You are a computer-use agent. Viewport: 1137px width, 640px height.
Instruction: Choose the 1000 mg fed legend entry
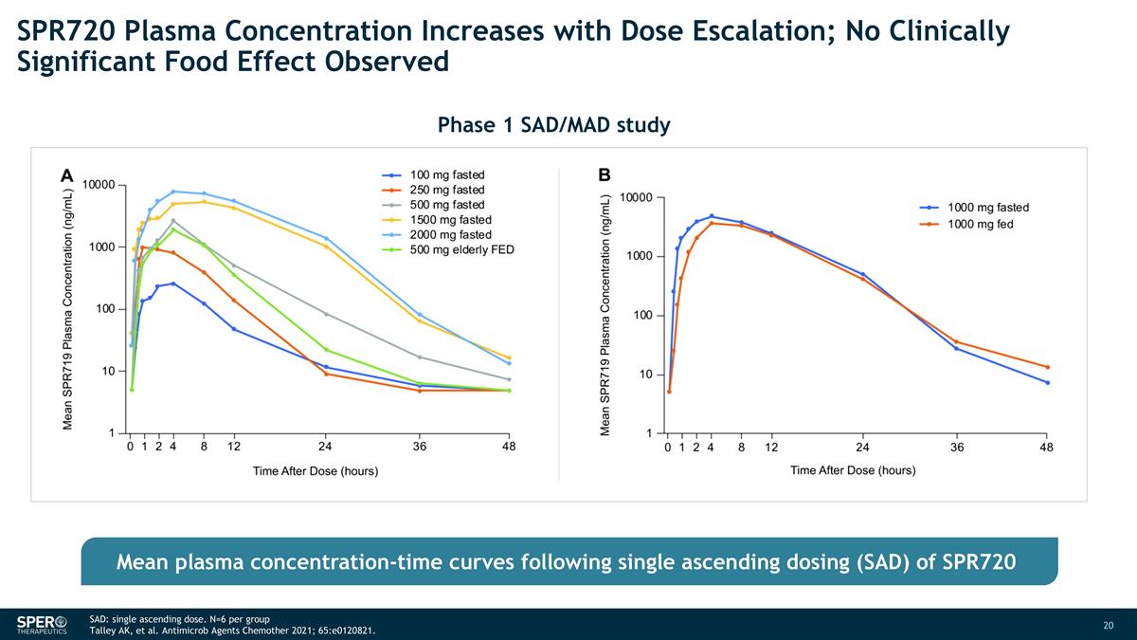(981, 225)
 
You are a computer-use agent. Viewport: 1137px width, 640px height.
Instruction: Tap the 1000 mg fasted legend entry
(988, 207)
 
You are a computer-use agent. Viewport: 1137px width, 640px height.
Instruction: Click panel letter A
(66, 175)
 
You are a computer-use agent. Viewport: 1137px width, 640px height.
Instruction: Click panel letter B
(605, 175)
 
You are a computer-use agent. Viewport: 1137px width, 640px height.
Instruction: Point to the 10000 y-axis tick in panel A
(98, 185)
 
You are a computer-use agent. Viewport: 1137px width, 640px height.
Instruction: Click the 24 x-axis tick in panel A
(325, 446)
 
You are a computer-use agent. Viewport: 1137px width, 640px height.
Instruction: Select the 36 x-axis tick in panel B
(957, 447)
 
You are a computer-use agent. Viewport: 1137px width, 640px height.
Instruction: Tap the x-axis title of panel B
(853, 470)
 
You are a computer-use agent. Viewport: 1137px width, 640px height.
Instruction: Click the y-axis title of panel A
(68, 308)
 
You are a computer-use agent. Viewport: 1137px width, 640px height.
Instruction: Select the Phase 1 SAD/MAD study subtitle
(553, 124)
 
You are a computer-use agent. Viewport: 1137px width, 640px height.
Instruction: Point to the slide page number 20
(1109, 625)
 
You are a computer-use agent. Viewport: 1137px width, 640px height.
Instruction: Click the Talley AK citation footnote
(225, 631)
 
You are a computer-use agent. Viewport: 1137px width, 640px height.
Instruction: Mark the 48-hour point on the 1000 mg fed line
(1047, 367)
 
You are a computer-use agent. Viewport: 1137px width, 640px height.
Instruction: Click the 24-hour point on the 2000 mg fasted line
(326, 238)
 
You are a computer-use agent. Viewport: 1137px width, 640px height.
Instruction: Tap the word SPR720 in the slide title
(67, 32)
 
